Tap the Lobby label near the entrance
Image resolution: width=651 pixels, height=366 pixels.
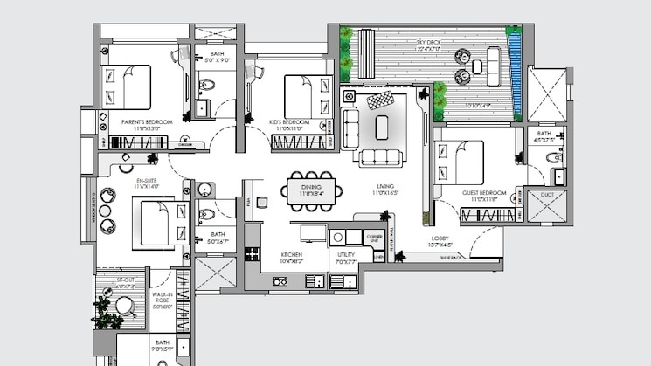coord(440,238)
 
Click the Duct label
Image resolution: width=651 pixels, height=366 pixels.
coord(548,195)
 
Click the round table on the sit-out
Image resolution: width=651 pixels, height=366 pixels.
coord(126,306)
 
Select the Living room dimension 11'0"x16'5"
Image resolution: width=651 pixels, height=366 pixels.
coord(384,193)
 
